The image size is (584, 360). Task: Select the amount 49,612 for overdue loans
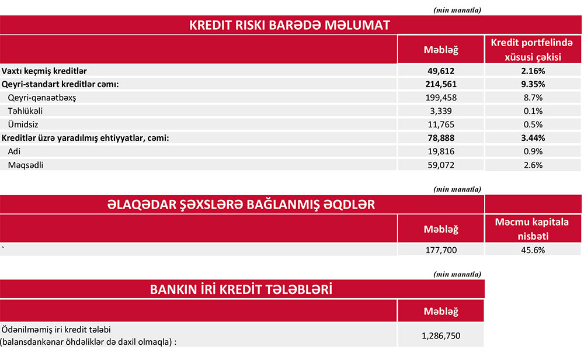[441, 71]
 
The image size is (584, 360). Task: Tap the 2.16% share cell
[534, 71]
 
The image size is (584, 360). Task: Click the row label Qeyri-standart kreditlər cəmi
[60, 84]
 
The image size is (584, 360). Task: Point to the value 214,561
[441, 84]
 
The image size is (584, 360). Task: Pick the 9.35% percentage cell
[534, 84]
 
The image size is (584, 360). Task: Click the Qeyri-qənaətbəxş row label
[42, 98]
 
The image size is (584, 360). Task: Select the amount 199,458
[441, 98]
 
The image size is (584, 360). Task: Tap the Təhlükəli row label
[25, 111]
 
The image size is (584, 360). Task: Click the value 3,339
[441, 111]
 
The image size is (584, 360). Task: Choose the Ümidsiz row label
[23, 124]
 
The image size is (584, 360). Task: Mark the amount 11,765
[441, 124]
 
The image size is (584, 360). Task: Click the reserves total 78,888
[441, 138]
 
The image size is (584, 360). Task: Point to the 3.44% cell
[534, 138]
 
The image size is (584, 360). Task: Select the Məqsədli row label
[26, 165]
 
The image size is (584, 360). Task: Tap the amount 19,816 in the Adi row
[441, 151]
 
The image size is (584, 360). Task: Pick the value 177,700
[441, 250]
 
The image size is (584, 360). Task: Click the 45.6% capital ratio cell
[534, 250]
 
